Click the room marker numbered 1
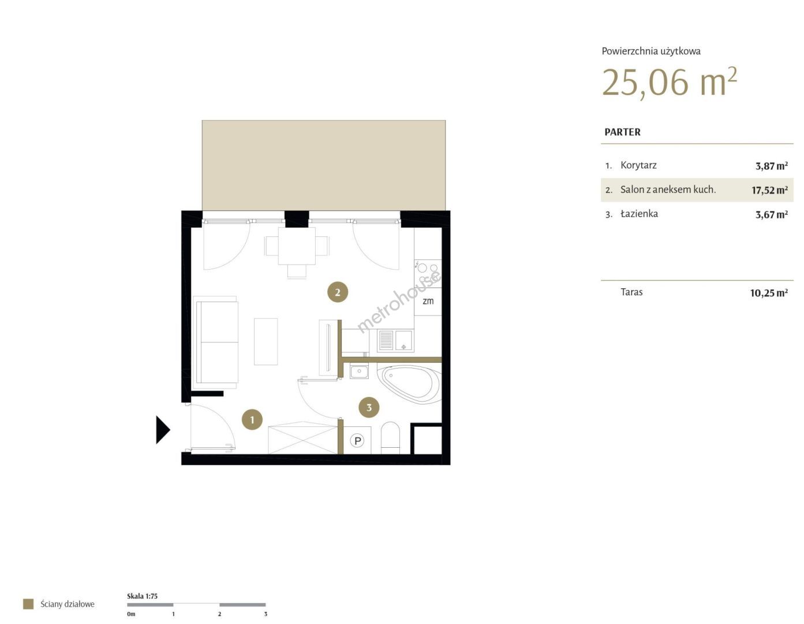pos(252,419)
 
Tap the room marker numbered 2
pos(338,292)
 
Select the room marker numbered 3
pos(369,407)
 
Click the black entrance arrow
pos(163,430)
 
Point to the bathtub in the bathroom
pos(409,383)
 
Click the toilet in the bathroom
pos(390,438)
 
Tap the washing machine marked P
pos(357,440)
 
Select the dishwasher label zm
pos(428,301)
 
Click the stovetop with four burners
pos(428,273)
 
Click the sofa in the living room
pos(216,342)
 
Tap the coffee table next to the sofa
pos(265,341)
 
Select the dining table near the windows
pos(297,246)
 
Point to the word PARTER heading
pos(622,132)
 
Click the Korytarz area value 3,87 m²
pos(772,166)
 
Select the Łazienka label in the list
pos(639,214)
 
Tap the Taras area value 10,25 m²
pos(769,293)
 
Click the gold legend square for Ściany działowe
pos(28,604)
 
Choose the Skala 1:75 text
pos(142,596)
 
